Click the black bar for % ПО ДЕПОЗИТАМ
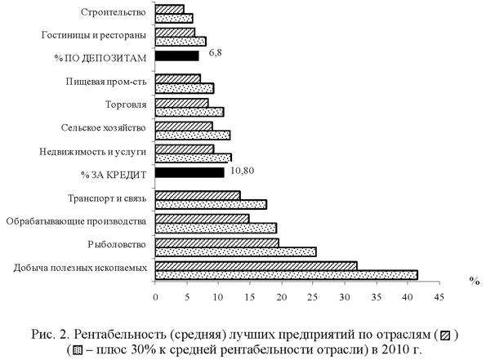[176, 56]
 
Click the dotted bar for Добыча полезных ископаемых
[286, 275]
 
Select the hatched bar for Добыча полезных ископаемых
[256, 265]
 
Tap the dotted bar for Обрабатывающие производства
[216, 228]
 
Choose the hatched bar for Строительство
[169, 9]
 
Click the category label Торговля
[127, 104]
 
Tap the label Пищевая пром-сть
[106, 82]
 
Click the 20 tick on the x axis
[281, 297]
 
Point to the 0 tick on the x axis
[155, 297]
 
